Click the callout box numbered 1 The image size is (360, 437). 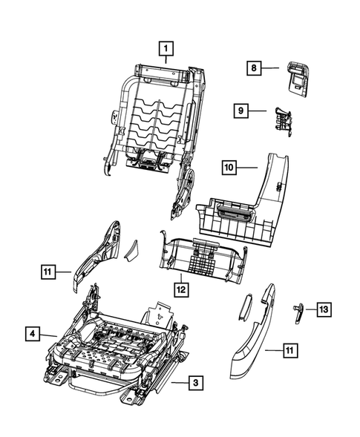pyautogui.click(x=166, y=49)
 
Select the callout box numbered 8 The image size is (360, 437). pyautogui.click(x=254, y=68)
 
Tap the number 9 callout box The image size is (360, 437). pyautogui.click(x=241, y=111)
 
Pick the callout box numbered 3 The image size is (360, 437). pyautogui.click(x=194, y=383)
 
